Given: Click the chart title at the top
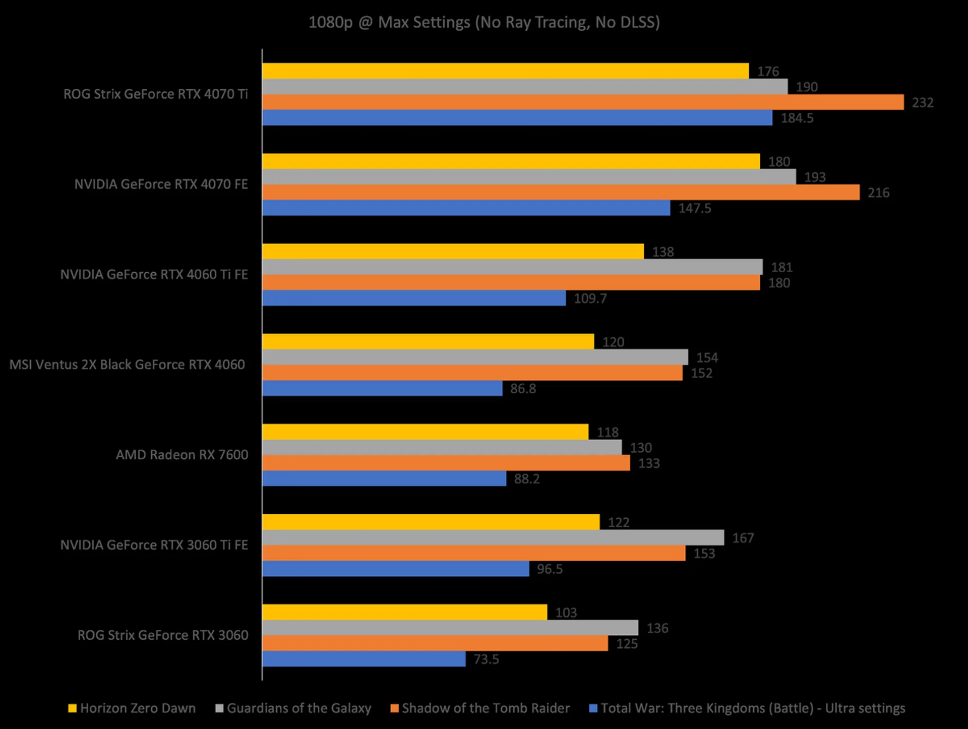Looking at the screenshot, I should (x=484, y=22).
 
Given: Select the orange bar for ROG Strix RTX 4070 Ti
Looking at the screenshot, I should (x=582, y=102).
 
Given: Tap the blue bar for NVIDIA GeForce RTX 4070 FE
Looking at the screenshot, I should (x=466, y=208).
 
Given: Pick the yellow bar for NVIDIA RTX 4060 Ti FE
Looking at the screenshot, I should (x=453, y=252).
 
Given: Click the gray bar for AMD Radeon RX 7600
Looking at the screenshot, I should (x=442, y=448).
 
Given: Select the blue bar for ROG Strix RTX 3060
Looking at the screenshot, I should (x=364, y=659).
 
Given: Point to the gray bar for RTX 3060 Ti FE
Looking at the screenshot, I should (x=493, y=537).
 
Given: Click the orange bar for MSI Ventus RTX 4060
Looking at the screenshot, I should (x=472, y=373).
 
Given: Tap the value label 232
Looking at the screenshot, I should (x=923, y=102).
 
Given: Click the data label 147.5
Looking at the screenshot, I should (x=694, y=208).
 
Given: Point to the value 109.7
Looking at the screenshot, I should (x=590, y=298).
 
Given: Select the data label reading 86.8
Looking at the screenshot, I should (x=523, y=389).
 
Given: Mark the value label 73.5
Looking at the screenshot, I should (x=486, y=659).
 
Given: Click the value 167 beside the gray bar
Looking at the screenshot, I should (x=743, y=538).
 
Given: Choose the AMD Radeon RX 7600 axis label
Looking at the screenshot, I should (x=182, y=455).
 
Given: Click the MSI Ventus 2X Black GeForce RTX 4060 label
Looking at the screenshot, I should (x=127, y=364).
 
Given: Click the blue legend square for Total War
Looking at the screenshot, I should (x=593, y=708).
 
